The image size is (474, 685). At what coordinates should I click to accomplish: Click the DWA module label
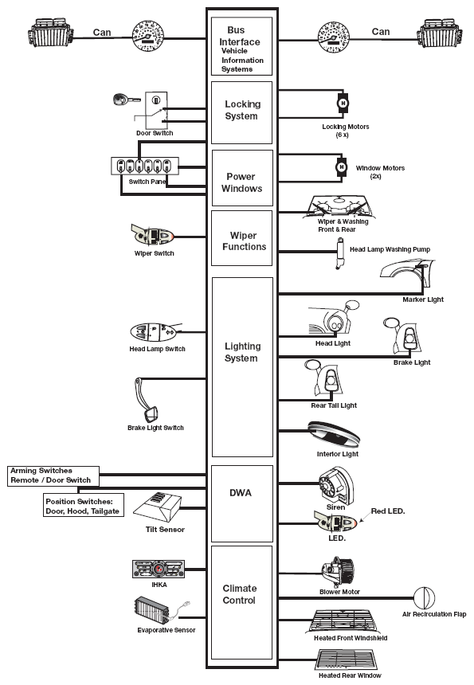tap(241, 493)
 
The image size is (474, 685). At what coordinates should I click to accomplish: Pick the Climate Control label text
tap(240, 594)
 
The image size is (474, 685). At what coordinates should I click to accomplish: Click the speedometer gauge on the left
tap(148, 36)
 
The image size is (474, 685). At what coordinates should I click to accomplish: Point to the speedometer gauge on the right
tap(334, 37)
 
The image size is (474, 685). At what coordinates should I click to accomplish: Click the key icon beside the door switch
tap(125, 100)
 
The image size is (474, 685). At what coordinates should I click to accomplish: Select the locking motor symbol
tap(343, 104)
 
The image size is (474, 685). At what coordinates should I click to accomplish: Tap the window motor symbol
tap(342, 167)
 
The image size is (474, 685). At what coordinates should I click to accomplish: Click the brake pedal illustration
tap(147, 399)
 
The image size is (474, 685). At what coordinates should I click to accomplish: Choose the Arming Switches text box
tap(53, 476)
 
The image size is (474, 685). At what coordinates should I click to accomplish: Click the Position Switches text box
tap(83, 506)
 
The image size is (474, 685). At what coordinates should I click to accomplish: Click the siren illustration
tap(335, 484)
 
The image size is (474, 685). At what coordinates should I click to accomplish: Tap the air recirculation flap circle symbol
tap(424, 598)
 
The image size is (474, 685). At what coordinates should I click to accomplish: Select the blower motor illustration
tap(338, 572)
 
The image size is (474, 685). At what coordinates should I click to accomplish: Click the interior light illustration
tap(334, 435)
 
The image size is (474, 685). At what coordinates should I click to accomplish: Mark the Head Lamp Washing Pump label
tap(390, 249)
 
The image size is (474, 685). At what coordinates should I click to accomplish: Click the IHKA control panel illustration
tap(159, 570)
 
